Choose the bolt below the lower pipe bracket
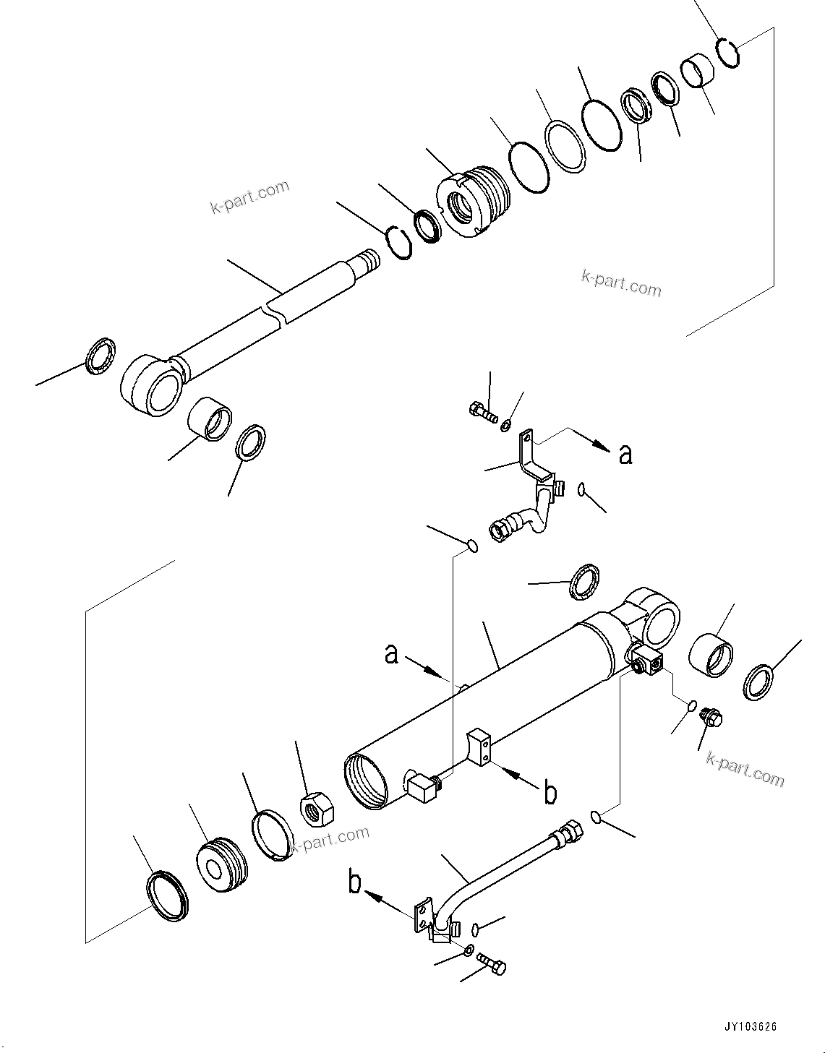[x=492, y=965]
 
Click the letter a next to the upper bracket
[x=625, y=454]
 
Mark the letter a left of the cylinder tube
[x=391, y=653]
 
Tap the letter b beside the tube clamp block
[x=550, y=793]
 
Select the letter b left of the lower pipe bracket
[x=356, y=882]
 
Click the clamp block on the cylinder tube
[x=479, y=744]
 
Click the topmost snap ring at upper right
[x=727, y=54]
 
